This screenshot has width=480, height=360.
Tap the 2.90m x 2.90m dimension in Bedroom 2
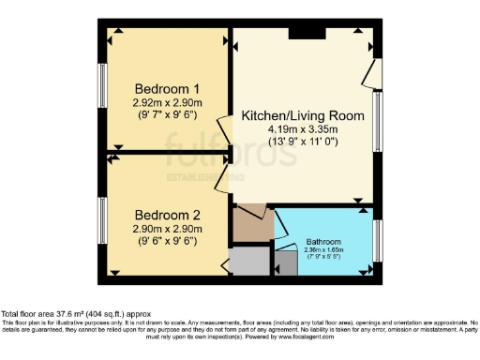pos(168,228)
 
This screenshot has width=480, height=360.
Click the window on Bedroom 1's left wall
pos(103,88)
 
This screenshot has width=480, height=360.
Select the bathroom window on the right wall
pos(377,241)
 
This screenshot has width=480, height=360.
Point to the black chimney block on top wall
pos(307,34)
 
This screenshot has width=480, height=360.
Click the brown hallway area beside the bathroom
pos(249,223)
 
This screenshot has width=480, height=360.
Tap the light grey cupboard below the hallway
pos(248,260)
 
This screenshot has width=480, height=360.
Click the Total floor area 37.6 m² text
pos(75,314)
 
